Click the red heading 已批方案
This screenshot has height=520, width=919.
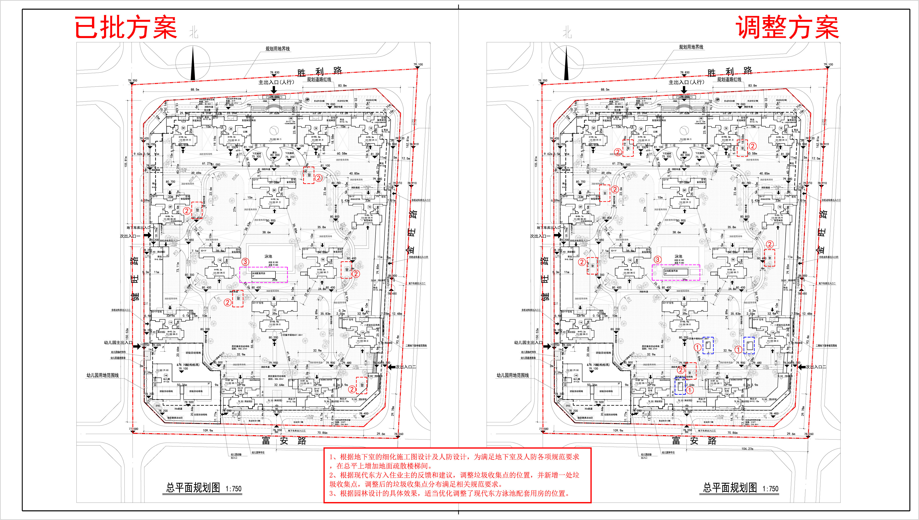(x=126, y=28)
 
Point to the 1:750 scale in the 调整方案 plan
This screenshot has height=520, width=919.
(x=770, y=489)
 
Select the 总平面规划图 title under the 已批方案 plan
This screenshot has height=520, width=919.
(x=193, y=488)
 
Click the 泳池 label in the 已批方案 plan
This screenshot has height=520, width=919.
(x=268, y=256)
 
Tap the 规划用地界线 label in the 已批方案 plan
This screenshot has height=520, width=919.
(x=277, y=49)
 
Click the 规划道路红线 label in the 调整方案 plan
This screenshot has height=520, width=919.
(x=729, y=79)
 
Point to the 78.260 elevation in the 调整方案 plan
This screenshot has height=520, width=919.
(x=809, y=434)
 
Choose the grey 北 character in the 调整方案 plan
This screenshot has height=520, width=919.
(x=567, y=33)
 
